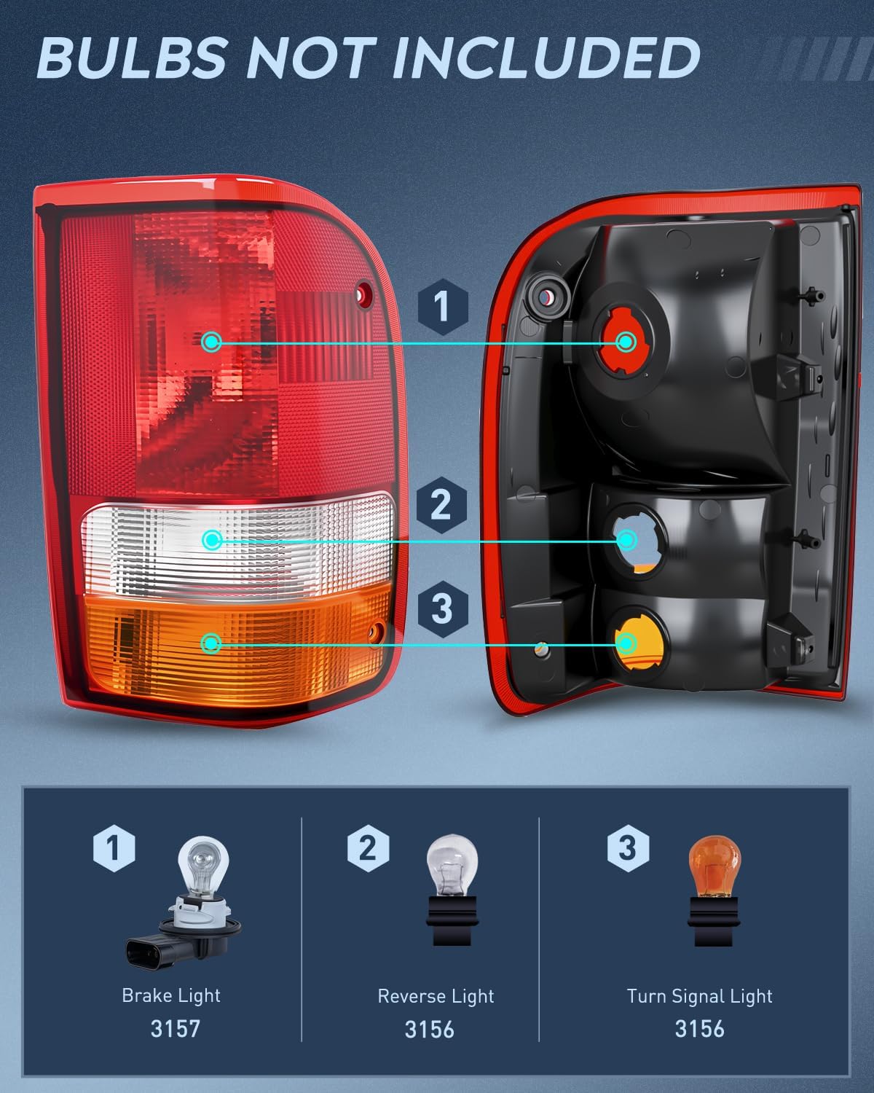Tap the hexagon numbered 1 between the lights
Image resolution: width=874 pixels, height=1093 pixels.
[x=442, y=305]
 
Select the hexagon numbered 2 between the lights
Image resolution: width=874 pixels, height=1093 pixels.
[x=441, y=504]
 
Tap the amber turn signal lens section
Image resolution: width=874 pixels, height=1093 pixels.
[x=233, y=641]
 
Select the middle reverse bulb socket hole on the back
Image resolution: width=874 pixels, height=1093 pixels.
[x=626, y=539]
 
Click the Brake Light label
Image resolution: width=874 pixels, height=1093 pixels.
[x=171, y=995]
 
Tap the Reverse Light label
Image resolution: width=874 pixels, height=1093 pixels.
[x=436, y=996]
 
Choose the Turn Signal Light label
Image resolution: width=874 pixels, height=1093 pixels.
[x=699, y=996]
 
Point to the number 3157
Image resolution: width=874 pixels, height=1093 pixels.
[x=175, y=1029]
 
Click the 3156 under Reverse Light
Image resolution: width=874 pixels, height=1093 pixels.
[x=430, y=1029]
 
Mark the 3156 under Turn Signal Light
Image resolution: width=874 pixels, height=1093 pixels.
[x=699, y=1029]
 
